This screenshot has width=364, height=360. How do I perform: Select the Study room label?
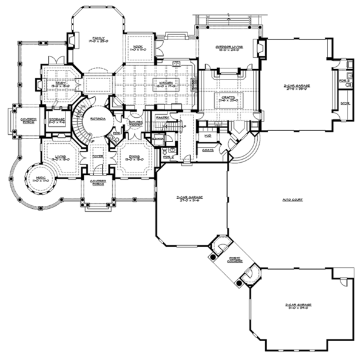[x=59, y=85]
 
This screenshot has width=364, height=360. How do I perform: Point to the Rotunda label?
[x=98, y=110]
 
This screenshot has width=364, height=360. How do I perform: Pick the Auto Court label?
[x=292, y=199]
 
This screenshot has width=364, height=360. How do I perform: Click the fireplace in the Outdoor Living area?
[x=261, y=47]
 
